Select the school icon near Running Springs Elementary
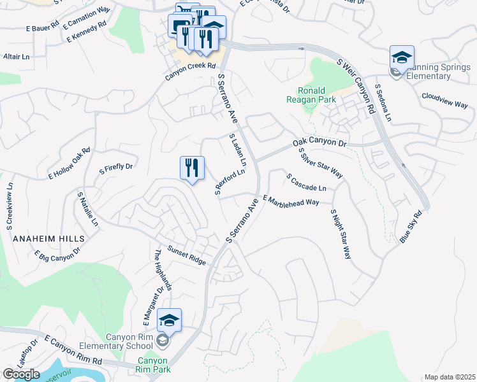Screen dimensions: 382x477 click(402, 58)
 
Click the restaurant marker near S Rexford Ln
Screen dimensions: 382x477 click(192, 168)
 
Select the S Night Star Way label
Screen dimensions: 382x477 click(341, 234)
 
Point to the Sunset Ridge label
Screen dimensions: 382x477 click(187, 254)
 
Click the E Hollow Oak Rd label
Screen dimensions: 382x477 click(70, 163)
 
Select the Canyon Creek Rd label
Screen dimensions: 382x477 click(191, 71)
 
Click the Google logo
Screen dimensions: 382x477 click(21, 374)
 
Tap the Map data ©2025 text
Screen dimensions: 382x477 click(450, 377)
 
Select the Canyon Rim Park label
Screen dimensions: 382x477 click(153, 364)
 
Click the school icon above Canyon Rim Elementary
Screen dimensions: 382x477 click(170, 320)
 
